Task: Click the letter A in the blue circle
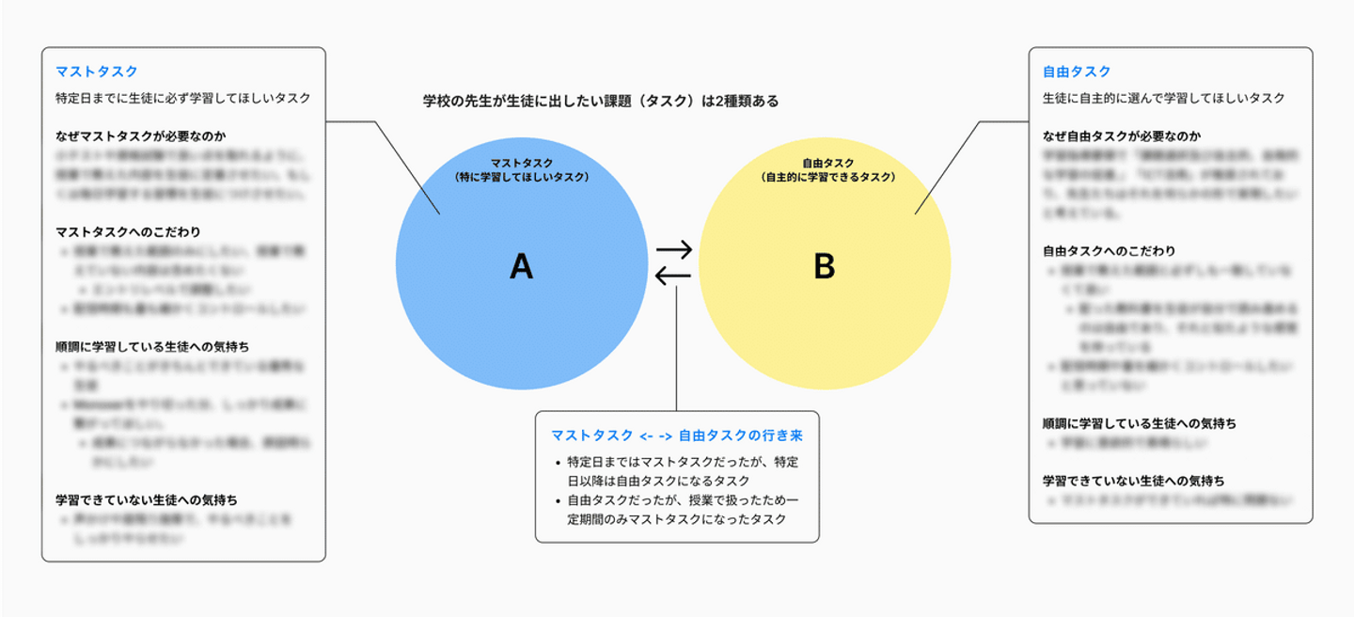click(521, 268)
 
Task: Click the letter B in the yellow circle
click(824, 268)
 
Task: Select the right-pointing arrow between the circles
click(673, 251)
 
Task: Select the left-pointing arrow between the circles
click(673, 276)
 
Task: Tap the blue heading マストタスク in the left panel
click(97, 71)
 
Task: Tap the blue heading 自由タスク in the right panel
click(1077, 71)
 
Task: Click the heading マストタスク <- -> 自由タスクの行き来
click(677, 436)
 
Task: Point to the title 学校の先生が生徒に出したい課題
click(601, 102)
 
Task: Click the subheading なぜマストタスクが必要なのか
click(141, 136)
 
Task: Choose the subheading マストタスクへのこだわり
click(128, 232)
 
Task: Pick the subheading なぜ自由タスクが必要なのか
click(1122, 136)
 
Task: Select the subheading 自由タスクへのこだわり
click(1109, 251)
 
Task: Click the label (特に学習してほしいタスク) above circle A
click(521, 176)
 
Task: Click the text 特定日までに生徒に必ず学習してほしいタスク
click(183, 98)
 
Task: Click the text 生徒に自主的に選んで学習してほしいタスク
click(1164, 98)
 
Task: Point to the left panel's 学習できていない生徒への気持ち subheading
click(147, 499)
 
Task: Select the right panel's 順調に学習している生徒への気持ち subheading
click(1140, 423)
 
